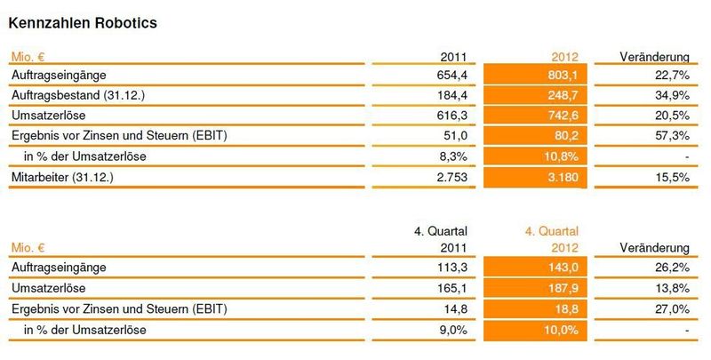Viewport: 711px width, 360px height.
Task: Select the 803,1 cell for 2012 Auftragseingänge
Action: pos(536,75)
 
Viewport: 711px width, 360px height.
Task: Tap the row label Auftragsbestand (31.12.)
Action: pos(78,95)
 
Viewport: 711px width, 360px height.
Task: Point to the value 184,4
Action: pos(452,95)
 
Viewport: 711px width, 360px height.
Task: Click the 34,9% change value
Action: pos(672,95)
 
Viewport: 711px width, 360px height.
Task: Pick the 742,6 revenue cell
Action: pos(536,116)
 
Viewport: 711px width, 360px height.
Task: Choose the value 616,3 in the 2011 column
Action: pos(452,116)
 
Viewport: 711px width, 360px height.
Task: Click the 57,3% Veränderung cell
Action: pos(672,135)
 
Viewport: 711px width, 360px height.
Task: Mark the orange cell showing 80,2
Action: pos(536,136)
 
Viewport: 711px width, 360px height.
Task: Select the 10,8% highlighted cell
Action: pos(536,156)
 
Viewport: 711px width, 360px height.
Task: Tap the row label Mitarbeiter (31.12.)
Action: pos(62,177)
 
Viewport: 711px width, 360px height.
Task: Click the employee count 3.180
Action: pos(536,177)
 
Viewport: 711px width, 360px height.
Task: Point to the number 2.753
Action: pos(452,177)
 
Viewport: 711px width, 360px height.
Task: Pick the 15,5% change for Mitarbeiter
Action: pos(672,177)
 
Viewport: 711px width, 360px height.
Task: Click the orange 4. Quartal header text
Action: pos(552,231)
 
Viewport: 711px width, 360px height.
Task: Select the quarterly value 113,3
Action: pos(452,267)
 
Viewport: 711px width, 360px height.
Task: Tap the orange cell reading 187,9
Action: pos(536,288)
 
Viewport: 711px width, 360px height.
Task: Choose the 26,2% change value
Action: pos(672,267)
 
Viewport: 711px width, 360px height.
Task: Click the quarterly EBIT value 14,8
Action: pos(455,308)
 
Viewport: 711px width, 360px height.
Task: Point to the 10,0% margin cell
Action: pos(536,330)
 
